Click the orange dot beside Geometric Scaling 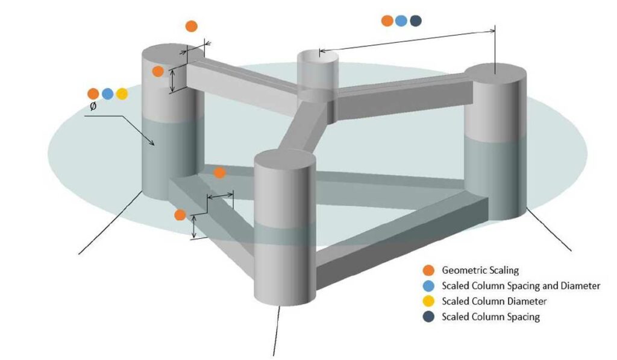[428, 270]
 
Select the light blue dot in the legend [428, 285]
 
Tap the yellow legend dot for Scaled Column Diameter [428, 301]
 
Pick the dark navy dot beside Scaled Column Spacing [428, 316]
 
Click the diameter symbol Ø [93, 106]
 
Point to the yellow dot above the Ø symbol [122, 93]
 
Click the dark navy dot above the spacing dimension [416, 21]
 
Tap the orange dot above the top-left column [191, 26]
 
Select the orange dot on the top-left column [158, 71]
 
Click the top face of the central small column [320, 58]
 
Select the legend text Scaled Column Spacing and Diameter [521, 286]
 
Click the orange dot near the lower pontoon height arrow [180, 215]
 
